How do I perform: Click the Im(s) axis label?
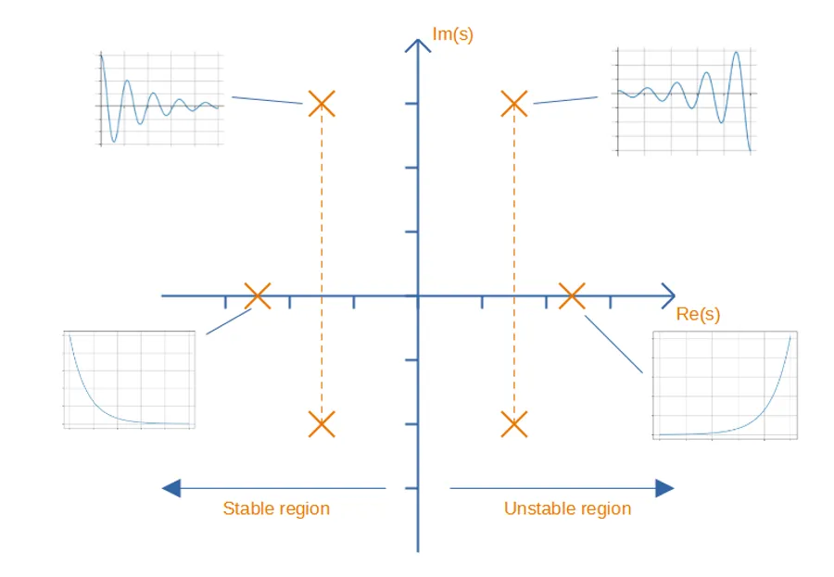452,35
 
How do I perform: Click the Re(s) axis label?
698,315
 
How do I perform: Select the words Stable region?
276,508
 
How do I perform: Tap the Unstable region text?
567,508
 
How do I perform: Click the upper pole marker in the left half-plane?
322,103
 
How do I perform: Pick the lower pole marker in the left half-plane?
322,424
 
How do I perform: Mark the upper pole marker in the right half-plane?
513,103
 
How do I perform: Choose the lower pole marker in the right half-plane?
513,424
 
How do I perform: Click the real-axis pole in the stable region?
258,296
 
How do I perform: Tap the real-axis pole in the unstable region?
572,296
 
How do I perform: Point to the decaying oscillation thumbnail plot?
160,99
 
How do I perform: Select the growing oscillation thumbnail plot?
685,101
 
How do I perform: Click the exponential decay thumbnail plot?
130,379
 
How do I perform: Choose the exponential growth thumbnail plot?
725,383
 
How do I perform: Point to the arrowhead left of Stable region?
171,488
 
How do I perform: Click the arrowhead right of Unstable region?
663,488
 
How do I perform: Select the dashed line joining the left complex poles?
322,264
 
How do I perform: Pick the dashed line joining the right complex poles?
513,264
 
